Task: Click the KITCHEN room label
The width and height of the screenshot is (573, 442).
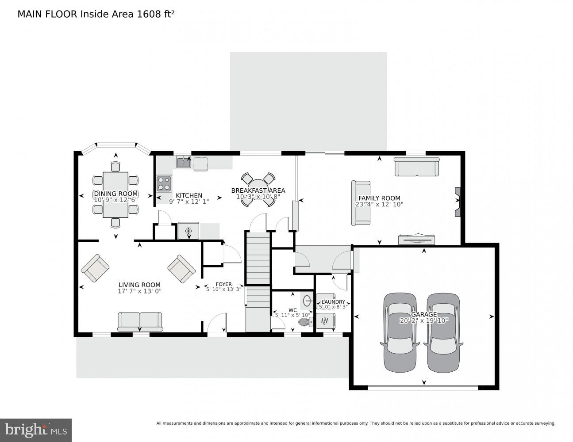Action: [x=189, y=195]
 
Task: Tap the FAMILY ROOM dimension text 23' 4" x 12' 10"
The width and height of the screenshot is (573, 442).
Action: [x=379, y=204]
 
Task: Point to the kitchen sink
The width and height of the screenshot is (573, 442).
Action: [x=183, y=163]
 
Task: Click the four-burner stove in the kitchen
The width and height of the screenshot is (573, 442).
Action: [x=164, y=183]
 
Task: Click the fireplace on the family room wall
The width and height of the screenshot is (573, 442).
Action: [x=458, y=202]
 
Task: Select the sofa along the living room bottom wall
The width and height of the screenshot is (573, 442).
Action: [x=140, y=321]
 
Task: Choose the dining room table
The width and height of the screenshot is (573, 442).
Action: [x=115, y=194]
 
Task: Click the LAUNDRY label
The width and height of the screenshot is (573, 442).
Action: [x=333, y=302]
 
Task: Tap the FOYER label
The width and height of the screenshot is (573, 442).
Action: [x=223, y=284]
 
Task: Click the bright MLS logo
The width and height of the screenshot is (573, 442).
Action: [x=35, y=430]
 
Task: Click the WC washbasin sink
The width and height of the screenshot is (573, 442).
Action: [x=307, y=301]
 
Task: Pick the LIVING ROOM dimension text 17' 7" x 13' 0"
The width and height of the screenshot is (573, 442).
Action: [x=139, y=291]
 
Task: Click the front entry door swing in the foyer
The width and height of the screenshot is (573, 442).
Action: [x=218, y=324]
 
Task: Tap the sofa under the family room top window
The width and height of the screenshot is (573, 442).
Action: [x=417, y=167]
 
